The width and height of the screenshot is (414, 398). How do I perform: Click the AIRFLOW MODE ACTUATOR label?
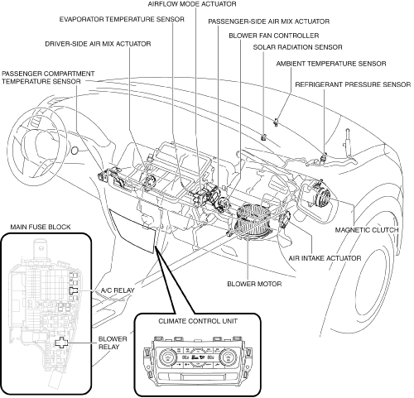192,4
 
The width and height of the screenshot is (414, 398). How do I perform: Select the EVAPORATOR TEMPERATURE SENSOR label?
122,19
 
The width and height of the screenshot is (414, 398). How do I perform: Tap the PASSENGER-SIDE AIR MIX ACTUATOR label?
268,22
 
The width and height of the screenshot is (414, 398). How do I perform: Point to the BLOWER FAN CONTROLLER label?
274,36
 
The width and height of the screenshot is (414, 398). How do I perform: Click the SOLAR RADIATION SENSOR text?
297,47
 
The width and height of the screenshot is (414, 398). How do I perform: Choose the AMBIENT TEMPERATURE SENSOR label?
331,64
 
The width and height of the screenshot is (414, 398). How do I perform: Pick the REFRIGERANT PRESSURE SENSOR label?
353,84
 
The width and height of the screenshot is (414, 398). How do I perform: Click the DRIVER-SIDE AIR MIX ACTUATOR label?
98,44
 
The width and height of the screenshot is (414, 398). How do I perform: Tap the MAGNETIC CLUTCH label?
367,230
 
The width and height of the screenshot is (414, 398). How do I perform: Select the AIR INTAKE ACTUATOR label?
325,258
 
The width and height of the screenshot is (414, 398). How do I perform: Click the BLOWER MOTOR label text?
254,284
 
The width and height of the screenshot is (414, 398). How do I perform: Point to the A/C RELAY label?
118,290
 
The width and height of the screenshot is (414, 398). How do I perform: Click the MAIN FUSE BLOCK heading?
41,227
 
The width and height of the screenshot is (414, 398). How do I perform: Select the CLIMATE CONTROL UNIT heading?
198,321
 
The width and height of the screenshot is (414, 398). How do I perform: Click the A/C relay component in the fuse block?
73,290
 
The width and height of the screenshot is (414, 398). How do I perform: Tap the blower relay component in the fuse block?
61,343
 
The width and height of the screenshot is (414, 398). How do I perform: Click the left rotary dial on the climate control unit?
167,357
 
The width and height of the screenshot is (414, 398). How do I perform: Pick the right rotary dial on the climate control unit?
229,358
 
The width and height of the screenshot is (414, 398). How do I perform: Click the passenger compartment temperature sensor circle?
75,151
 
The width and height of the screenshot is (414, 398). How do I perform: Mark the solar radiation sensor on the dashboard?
264,137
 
